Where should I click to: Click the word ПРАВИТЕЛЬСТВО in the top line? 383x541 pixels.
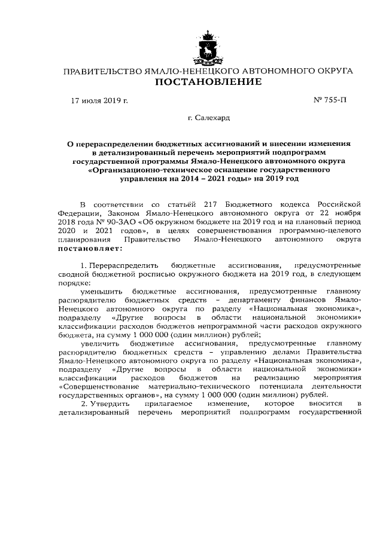(x=99, y=71)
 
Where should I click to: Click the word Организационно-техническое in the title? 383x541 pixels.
(x=142, y=170)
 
